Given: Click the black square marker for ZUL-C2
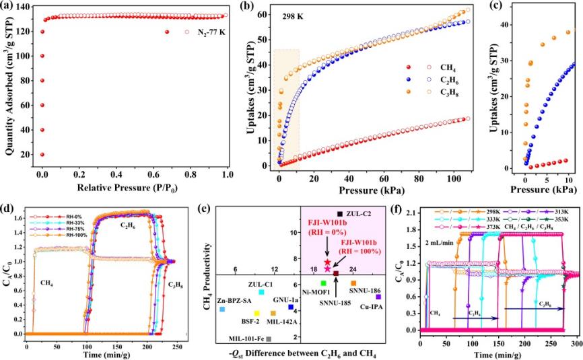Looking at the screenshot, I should click(x=339, y=213).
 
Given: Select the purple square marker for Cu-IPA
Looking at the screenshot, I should click(x=378, y=297).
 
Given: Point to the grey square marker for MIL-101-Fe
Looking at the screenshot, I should click(x=269, y=339).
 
